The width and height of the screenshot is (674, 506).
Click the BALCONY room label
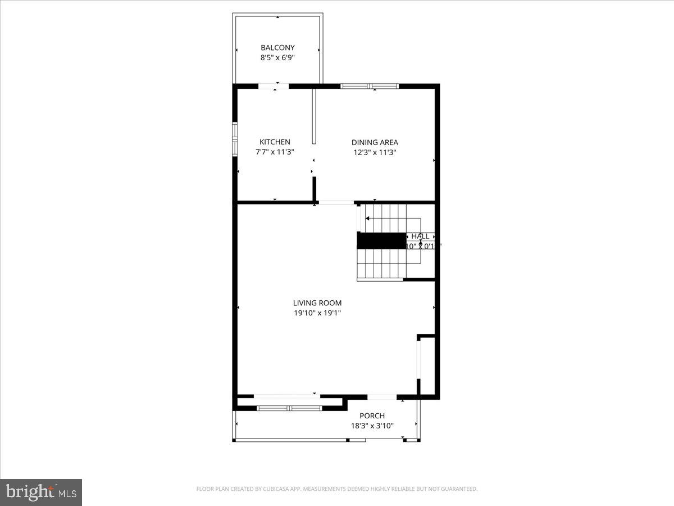[x=277, y=48]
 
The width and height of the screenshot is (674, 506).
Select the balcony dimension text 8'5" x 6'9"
[x=277, y=57]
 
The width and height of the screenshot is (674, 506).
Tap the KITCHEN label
[x=275, y=142]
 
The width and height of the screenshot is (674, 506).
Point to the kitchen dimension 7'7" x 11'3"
[x=275, y=152]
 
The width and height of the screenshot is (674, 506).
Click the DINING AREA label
[x=375, y=142]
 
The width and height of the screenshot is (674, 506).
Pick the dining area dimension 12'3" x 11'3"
[x=375, y=152]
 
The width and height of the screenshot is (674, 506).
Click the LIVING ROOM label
[x=317, y=303]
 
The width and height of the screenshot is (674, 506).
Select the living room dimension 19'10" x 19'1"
[x=317, y=313]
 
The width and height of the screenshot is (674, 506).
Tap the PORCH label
[x=372, y=416]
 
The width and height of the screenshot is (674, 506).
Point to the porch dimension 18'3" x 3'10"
[x=372, y=426]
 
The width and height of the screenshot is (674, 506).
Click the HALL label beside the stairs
[x=420, y=237]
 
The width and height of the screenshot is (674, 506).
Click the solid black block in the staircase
[x=382, y=241]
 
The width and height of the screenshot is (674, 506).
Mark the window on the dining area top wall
[x=370, y=86]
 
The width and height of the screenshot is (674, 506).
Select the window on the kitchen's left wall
[x=235, y=138]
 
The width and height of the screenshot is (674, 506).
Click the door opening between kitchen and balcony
[x=274, y=86]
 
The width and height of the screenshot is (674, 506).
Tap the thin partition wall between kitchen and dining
[x=315, y=115]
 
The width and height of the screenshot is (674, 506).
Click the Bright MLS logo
[x=41, y=492]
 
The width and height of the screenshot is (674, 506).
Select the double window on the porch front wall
[x=289, y=408]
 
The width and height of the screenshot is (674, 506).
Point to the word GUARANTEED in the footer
[x=458, y=489]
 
